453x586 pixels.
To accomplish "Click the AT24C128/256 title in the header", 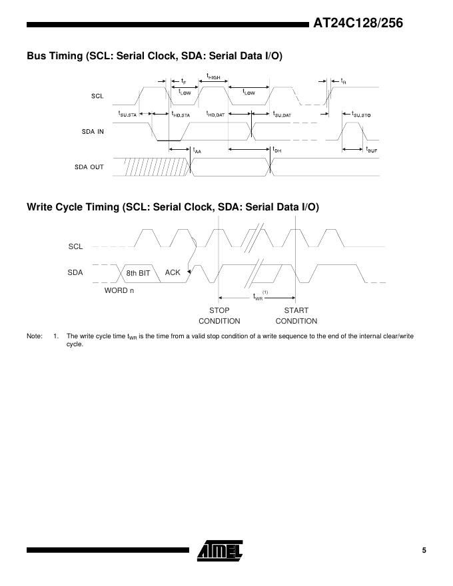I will pos(358,24).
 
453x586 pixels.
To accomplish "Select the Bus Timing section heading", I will pos(155,56).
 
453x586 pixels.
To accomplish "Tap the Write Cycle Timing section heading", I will pos(173,207).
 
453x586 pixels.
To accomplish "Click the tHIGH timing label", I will pos(213,77).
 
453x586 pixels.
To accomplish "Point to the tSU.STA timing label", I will pos(127,115).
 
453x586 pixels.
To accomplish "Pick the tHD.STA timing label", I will pos(181,115).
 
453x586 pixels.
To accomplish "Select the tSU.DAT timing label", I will pos(282,115).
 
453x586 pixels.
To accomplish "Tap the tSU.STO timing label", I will pos(361,115).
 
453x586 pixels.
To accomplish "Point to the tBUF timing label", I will pos(372,150).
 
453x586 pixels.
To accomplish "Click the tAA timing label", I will pos(197,150).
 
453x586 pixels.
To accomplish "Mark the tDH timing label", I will pos(277,150).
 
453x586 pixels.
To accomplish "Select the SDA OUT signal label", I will pos(89,166).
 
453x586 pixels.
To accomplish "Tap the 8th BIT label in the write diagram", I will pos(139,273).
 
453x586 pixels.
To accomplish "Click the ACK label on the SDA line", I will pos(173,272).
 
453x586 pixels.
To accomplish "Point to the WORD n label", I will pos(119,290).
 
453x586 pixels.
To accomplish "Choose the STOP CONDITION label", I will pos(219,316).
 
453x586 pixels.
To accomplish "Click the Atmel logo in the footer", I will pos(221,550).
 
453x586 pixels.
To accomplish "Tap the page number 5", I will pos(424,550).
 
